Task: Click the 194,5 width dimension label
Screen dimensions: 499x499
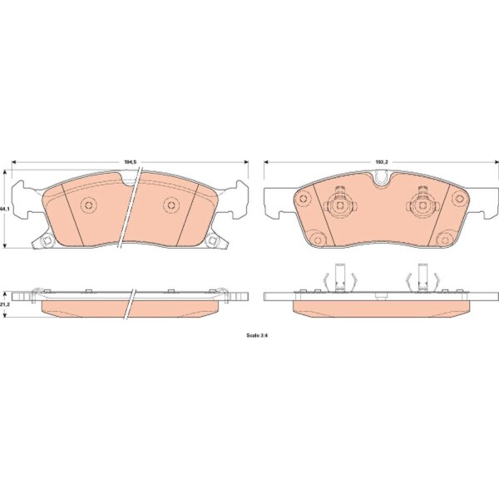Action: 131,162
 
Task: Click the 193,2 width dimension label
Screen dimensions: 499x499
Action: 382,162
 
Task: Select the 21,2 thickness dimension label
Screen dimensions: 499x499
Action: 4,304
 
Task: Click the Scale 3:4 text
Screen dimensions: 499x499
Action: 257,335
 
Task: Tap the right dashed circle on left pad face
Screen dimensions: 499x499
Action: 171,205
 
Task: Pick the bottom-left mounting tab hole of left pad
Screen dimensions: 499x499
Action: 47,241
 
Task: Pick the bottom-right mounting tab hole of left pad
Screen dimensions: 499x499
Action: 213,241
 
